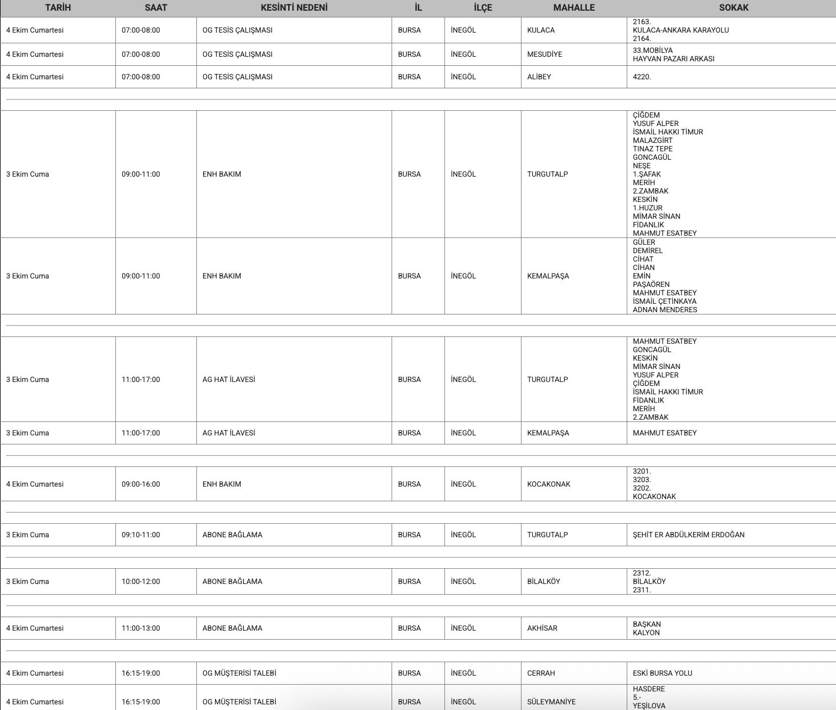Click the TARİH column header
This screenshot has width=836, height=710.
[x=58, y=8]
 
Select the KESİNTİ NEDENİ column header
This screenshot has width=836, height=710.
[x=294, y=8]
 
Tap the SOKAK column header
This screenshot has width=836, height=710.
[x=734, y=8]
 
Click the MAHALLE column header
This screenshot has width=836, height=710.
[x=574, y=8]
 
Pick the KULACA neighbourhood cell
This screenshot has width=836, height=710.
[x=541, y=30]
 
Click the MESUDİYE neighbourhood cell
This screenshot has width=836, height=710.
[x=545, y=55]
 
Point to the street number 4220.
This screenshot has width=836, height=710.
[x=642, y=77]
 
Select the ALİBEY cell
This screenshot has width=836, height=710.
[x=539, y=77]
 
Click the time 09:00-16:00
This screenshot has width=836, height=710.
[x=141, y=484]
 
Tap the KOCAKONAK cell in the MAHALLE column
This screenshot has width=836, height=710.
[x=549, y=484]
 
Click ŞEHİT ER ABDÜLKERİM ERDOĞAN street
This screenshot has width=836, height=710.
[x=689, y=535]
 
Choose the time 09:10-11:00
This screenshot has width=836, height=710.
[x=141, y=535]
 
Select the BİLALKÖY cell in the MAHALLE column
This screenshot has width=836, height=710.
[x=543, y=582]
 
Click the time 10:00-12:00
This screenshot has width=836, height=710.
[x=141, y=582]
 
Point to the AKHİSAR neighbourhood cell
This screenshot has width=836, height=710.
[x=542, y=628]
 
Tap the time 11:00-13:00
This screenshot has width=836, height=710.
[x=141, y=628]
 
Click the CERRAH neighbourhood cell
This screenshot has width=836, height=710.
[x=541, y=673]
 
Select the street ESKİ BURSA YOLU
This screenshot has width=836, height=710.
[x=663, y=673]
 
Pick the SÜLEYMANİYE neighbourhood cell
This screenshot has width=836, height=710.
[x=551, y=702]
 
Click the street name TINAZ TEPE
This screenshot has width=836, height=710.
[x=653, y=149]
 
